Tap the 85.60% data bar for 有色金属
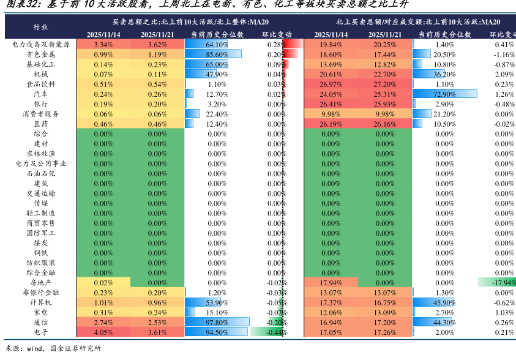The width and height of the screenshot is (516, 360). click(x=213, y=54)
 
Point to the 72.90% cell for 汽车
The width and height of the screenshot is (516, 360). click(x=435, y=94)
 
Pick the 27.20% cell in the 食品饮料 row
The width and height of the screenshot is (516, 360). click(x=384, y=84)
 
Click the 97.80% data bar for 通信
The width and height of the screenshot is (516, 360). click(x=217, y=323)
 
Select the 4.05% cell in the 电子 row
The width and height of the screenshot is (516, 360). click(x=103, y=332)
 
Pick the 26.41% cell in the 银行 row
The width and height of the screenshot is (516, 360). click(x=331, y=104)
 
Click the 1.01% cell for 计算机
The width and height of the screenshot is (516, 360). click(x=103, y=302)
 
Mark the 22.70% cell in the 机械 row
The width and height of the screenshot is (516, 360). click(x=384, y=75)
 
